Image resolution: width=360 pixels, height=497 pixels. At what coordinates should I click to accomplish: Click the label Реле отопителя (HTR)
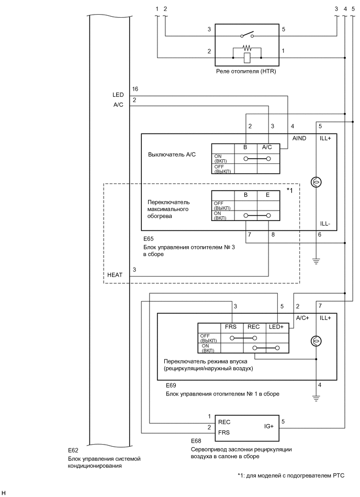pos(246,71)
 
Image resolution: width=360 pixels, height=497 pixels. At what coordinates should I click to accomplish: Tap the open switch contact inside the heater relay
pos(247,36)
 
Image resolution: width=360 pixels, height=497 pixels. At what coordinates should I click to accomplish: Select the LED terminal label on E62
pos(118,95)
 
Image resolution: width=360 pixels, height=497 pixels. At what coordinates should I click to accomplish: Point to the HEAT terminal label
pos(115,274)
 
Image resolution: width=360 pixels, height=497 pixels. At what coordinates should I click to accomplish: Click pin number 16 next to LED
pos(135,89)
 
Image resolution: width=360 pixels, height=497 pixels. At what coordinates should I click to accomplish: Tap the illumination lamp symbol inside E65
pos(316,182)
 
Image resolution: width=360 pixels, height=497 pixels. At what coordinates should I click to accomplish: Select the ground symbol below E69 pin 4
pos(316,398)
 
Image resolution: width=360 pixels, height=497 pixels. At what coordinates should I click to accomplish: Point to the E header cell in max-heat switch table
pos(267,195)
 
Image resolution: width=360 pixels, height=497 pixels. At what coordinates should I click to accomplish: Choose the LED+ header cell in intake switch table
pos(276,327)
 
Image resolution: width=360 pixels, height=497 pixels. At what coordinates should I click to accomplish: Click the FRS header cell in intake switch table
pos(231,327)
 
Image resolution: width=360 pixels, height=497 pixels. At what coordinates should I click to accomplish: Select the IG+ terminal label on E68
pos(269,427)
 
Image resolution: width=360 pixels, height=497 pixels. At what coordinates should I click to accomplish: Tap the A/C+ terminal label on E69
pos(303,318)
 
